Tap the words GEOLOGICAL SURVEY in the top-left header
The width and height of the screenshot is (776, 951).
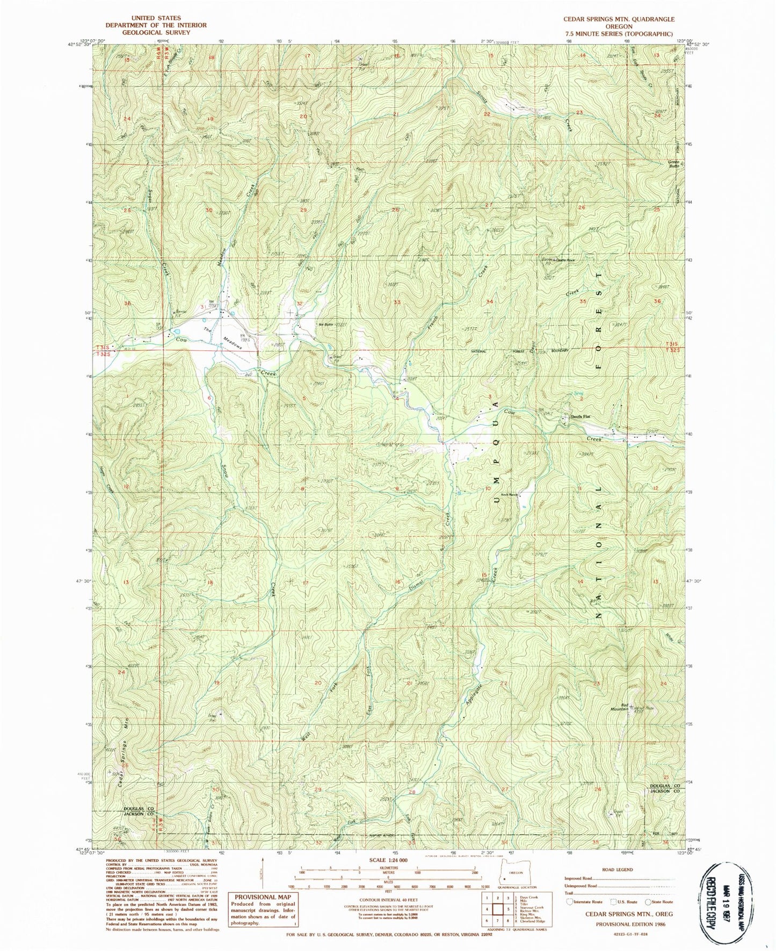point(156,32)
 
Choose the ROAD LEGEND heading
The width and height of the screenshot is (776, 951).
point(618,869)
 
